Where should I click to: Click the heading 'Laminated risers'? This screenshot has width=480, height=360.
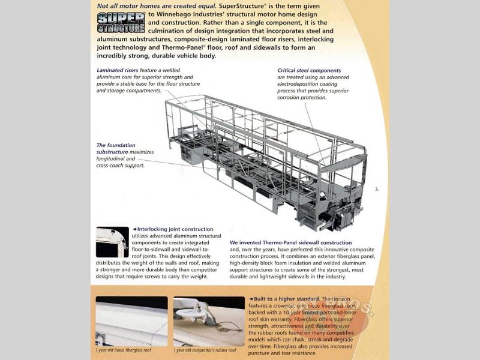coord(118,70)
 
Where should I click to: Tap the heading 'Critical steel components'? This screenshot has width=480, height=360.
coord(309,71)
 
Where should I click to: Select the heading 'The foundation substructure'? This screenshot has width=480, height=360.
coord(116,149)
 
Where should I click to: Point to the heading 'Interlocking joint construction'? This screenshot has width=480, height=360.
coord(174,229)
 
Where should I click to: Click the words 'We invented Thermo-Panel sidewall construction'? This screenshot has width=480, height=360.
coord(291,243)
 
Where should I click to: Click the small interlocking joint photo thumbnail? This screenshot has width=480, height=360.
coord(112,242)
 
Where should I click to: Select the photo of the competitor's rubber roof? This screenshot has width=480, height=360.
coord(209,322)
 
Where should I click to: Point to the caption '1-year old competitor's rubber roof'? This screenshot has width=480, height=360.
coord(205,350)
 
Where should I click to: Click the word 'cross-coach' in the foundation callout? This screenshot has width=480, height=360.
coord(113,166)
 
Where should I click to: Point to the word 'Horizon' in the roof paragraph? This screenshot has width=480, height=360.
coord(353,299)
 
